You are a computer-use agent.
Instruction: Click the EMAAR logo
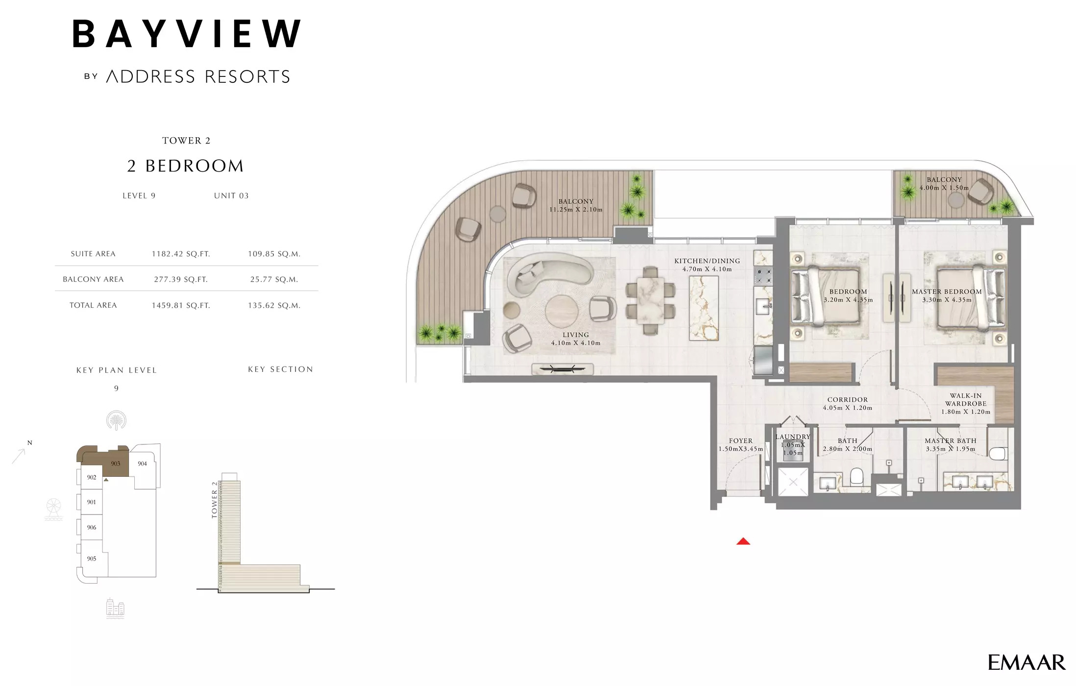pos(1026,662)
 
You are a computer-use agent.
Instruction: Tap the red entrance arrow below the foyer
pos(743,541)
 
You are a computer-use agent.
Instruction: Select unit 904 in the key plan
pos(142,464)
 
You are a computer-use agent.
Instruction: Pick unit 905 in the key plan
pos(92,559)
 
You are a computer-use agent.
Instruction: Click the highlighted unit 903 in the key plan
pos(116,464)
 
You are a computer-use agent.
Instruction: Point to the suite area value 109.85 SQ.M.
pos(274,254)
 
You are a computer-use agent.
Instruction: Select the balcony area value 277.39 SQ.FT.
pos(181,279)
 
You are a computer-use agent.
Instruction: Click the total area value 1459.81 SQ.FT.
pos(181,305)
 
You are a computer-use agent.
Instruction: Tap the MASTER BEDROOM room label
pos(947,292)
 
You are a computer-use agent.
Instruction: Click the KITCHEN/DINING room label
pos(707,261)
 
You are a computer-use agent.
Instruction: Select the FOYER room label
pos(740,441)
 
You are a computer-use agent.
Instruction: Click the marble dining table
pos(650,300)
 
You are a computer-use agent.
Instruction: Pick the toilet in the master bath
pos(997,454)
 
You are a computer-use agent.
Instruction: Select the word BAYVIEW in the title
pos(187,34)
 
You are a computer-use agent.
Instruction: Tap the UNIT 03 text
pos(231,196)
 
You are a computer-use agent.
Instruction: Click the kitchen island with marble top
pos(704,308)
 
